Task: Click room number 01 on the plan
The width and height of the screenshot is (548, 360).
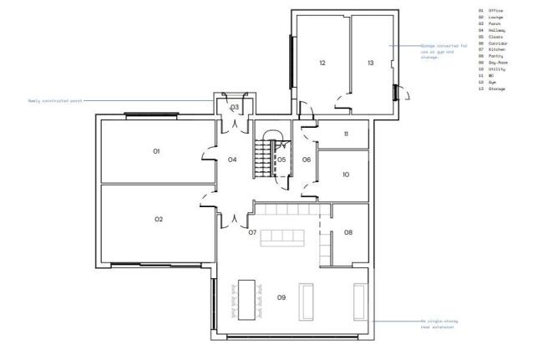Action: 156,151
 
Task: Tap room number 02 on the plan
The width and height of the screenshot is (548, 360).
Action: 158,219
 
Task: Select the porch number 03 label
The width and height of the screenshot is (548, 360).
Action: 235,108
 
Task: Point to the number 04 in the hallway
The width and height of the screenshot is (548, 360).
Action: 232,160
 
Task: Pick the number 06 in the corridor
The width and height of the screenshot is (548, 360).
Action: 306,160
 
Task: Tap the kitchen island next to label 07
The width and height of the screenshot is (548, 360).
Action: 282,238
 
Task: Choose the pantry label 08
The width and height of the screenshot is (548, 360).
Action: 348,232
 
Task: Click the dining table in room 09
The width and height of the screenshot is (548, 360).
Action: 246,299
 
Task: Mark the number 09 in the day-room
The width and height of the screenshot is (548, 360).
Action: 282,298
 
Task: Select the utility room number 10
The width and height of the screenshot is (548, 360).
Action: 345,175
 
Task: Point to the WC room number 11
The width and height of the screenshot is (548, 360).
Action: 345,134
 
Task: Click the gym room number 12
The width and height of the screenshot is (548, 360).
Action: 322,63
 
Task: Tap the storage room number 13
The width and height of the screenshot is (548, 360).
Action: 370,63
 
